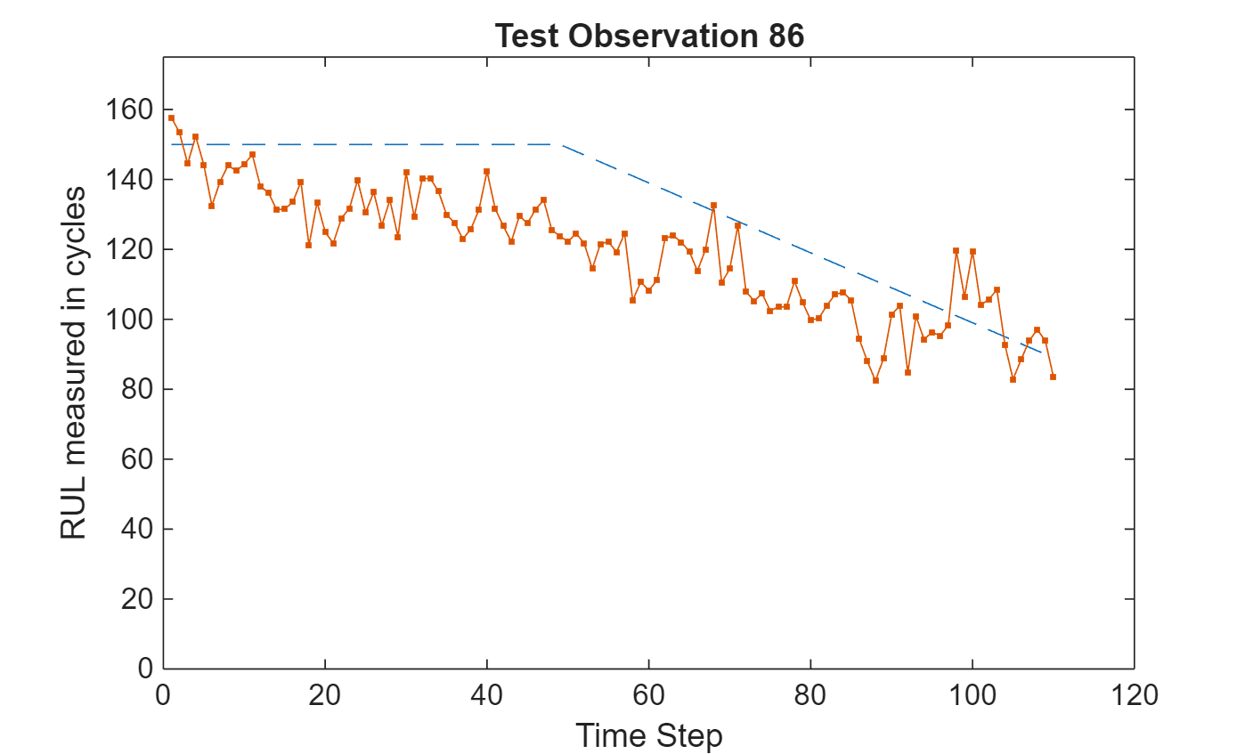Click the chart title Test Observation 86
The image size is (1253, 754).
click(x=649, y=36)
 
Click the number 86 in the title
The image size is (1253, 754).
click(x=784, y=36)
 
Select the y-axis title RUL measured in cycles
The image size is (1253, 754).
click(x=73, y=363)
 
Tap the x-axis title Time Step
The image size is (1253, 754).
click(x=648, y=736)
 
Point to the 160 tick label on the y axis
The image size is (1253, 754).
click(x=130, y=110)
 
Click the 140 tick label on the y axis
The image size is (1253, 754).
click(x=130, y=180)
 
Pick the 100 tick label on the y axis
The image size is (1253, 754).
click(x=130, y=320)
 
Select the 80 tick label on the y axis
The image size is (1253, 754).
click(x=135, y=389)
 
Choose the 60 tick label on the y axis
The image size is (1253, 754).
click(x=135, y=459)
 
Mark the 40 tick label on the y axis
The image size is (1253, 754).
click(x=135, y=529)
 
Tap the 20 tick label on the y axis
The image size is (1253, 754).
click(x=135, y=599)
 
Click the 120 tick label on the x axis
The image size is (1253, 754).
click(x=1134, y=694)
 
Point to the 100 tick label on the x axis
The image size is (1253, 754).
click(x=972, y=694)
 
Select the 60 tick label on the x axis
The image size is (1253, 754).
click(x=648, y=694)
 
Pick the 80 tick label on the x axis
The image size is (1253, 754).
click(x=810, y=694)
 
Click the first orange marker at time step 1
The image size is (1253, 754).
click(x=171, y=118)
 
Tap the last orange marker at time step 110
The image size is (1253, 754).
click(x=1053, y=377)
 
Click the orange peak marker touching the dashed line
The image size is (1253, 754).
click(x=713, y=206)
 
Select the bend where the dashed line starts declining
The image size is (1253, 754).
click(x=559, y=144)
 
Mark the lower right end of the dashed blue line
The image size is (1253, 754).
click(x=1040, y=353)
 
